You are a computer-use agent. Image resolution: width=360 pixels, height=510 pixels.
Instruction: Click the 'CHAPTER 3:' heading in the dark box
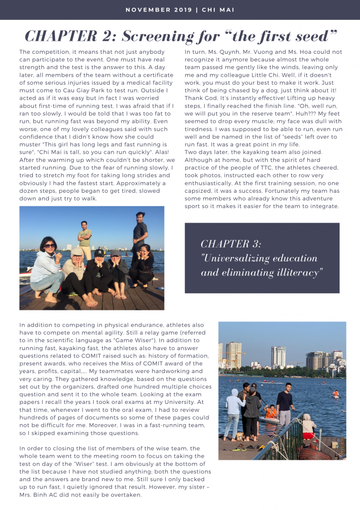point(231,244)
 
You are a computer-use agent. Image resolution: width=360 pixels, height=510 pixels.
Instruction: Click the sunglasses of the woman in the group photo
point(50,246)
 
